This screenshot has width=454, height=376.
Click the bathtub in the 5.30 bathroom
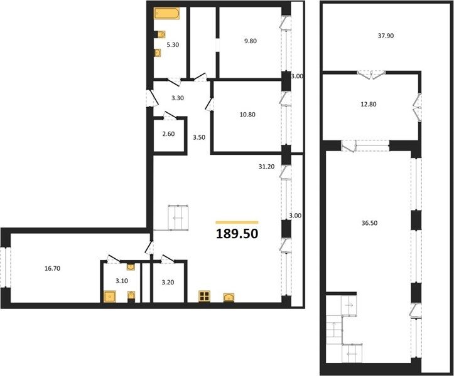[x=166, y=13]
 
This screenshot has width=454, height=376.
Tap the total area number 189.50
[x=237, y=234]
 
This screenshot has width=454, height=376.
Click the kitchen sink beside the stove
[x=229, y=298]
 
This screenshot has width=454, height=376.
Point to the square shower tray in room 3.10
[x=110, y=296]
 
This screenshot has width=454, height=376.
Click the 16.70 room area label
[x=52, y=268]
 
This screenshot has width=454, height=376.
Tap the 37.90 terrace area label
[x=386, y=36]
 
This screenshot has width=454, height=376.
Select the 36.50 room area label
[x=369, y=223]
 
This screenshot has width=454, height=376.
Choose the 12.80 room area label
[x=369, y=104]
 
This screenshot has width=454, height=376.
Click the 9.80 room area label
[x=250, y=41]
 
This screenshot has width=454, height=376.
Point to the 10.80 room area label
[x=247, y=115]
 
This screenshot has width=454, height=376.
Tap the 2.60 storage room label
[x=168, y=134]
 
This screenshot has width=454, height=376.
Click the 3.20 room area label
[x=168, y=282]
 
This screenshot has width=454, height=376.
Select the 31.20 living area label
[x=266, y=167]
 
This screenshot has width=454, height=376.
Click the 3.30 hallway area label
[x=178, y=98]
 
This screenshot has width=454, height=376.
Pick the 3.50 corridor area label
[x=199, y=137]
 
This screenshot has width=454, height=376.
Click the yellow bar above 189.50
[x=237, y=222]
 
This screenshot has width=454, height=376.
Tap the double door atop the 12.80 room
[x=371, y=75]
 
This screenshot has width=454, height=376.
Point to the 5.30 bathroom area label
[x=173, y=44]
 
